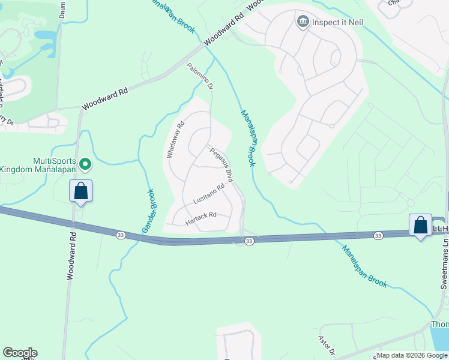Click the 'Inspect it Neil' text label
pyautogui.click(x=337, y=23)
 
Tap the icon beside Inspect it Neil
pyautogui.click(x=303, y=22)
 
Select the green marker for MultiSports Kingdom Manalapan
pyautogui.click(x=85, y=163)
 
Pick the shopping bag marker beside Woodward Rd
pyautogui.click(x=81, y=191)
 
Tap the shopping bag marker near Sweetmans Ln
pyautogui.click(x=420, y=226)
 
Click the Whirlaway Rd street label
pyautogui.click(x=175, y=139)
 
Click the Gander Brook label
pyautogui.click(x=148, y=211)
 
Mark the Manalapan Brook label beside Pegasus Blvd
pyautogui.click(x=247, y=137)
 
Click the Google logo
pyautogui.click(x=19, y=353)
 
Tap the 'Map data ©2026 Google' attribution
pyautogui.click(x=412, y=355)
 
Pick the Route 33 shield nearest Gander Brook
pyautogui.click(x=121, y=234)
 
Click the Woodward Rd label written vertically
pyautogui.click(x=71, y=257)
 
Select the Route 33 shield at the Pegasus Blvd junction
pyautogui.click(x=249, y=241)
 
